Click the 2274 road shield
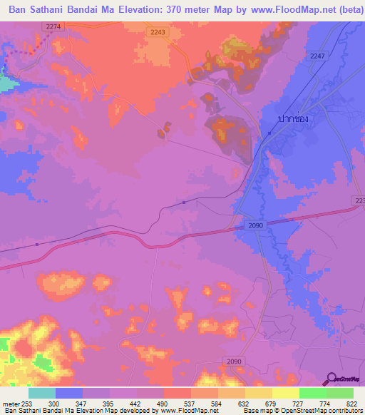(x=53, y=26)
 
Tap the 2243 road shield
(x=158, y=32)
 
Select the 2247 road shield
(x=317, y=56)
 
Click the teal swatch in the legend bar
(x=42, y=393)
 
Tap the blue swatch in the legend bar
(x=69, y=393)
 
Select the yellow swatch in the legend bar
(x=285, y=393)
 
